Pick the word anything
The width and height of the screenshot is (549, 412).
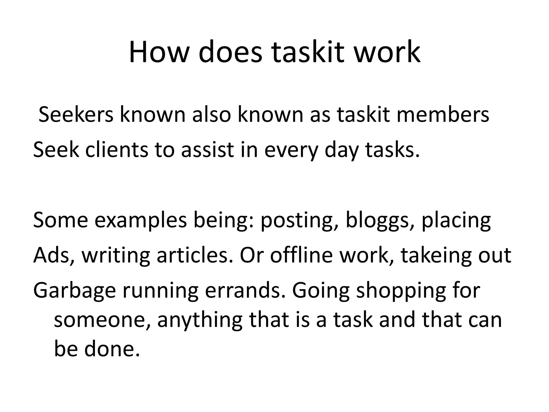200,320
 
